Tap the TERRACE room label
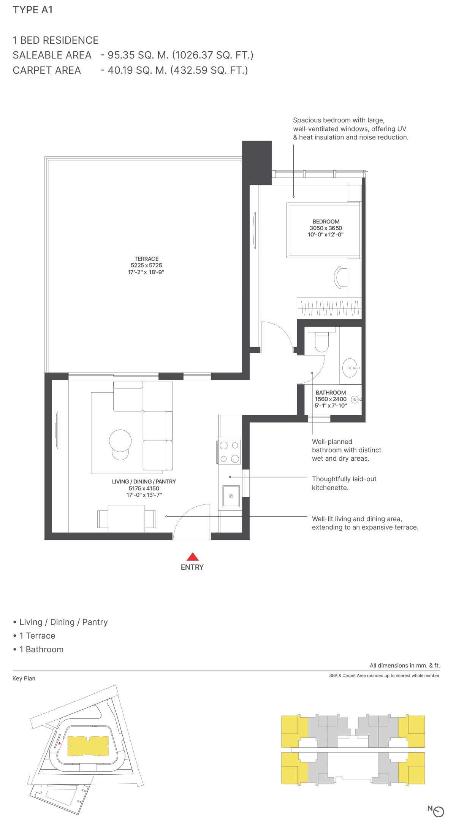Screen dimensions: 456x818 pos(146,259)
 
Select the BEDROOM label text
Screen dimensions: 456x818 pos(326,222)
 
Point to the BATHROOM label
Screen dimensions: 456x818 pos(331,393)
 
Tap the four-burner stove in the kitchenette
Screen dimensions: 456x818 pos(229,452)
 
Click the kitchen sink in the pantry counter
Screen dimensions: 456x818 pos(231,496)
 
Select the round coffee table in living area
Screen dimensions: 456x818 pos(120,441)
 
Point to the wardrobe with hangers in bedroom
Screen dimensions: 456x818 pos(329,308)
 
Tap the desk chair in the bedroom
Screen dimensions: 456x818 pos(340,277)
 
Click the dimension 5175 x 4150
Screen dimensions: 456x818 pos(144,488)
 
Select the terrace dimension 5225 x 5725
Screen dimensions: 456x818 pos(146,265)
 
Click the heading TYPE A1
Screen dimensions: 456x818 pos(33,10)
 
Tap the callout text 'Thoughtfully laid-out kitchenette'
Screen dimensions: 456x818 pos(344,483)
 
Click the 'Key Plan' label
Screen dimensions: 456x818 pos(24,678)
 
